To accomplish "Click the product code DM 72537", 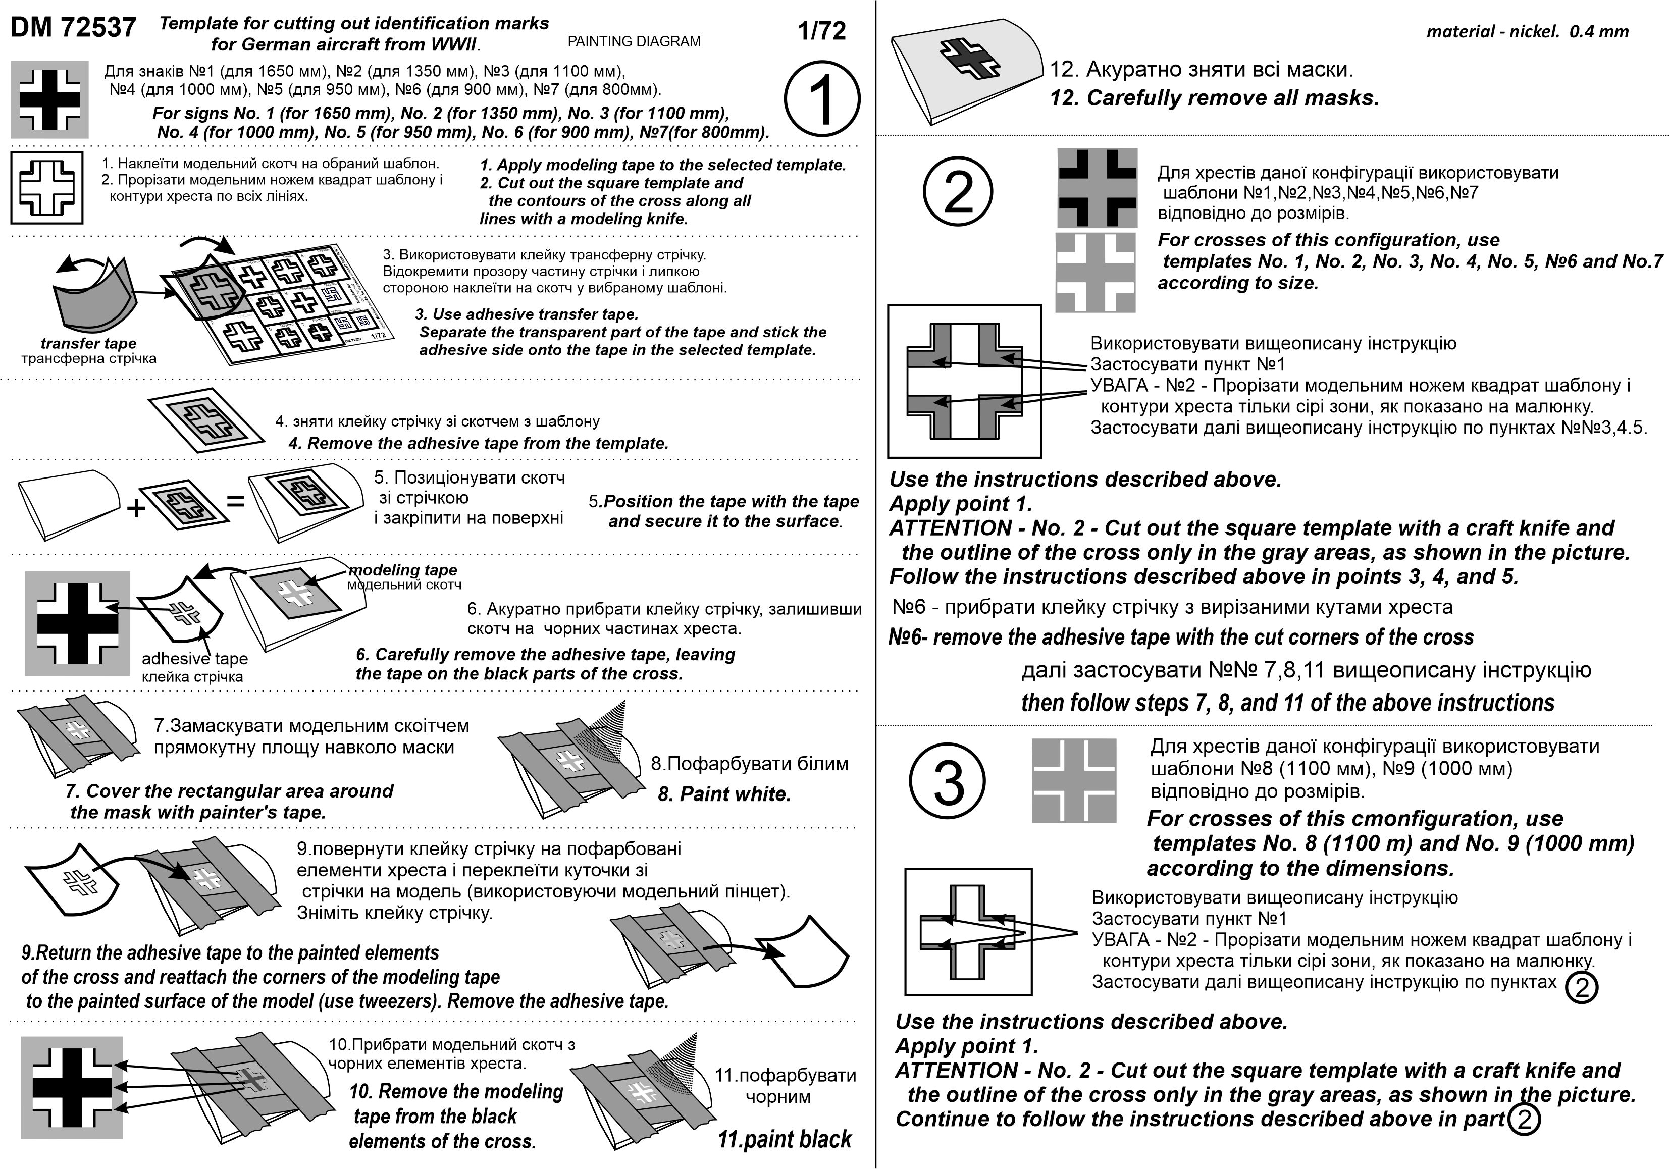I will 73,28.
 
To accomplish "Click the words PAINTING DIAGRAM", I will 634,41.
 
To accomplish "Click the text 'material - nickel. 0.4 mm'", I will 1527,31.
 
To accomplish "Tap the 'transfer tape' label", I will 88,343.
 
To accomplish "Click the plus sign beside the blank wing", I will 136,507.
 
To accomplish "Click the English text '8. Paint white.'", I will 723,794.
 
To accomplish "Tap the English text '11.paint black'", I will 785,1139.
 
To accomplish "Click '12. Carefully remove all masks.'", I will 1214,98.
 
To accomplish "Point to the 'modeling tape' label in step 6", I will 403,570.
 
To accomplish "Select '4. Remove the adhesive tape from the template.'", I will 478,444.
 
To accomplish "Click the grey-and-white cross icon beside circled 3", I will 1074,781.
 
